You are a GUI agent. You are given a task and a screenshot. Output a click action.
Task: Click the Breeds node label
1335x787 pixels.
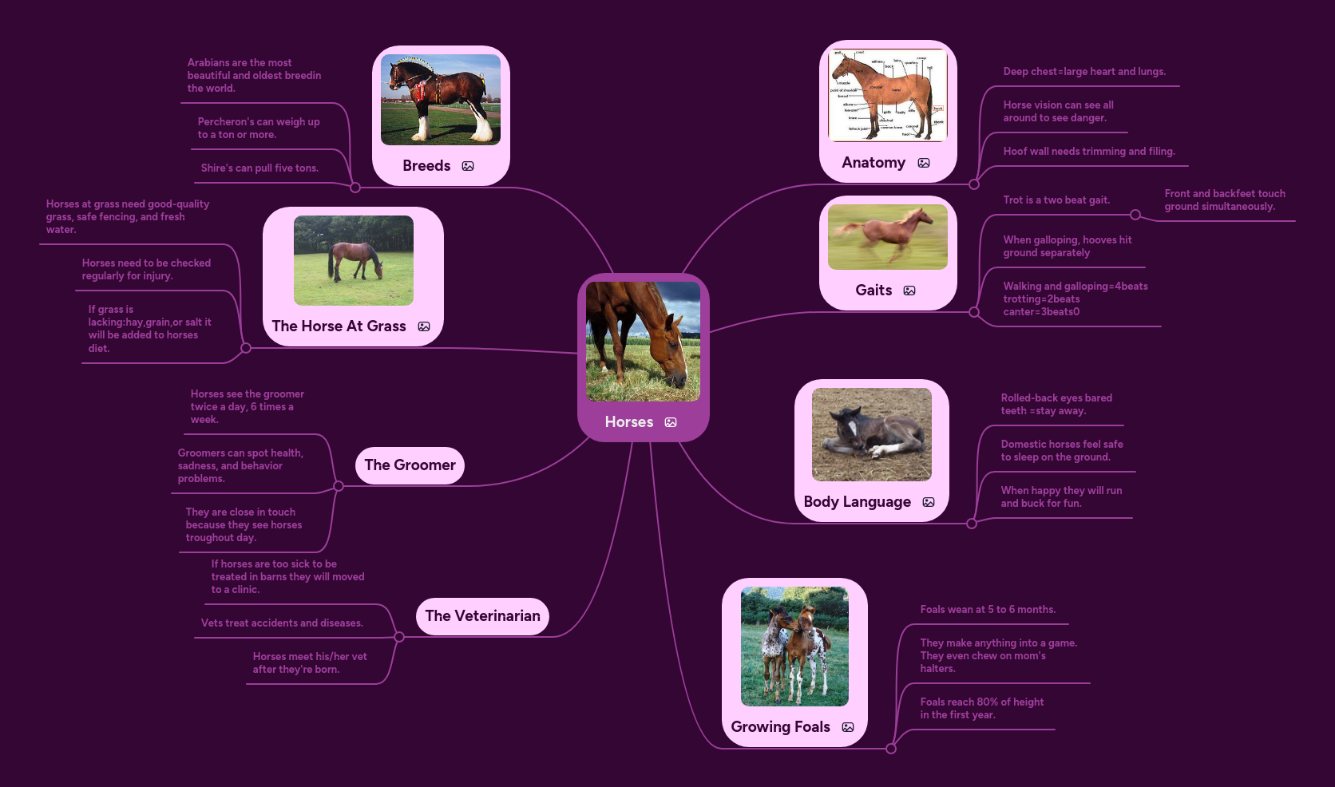pos(426,166)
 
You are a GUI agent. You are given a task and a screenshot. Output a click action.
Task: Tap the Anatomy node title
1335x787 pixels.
pos(873,163)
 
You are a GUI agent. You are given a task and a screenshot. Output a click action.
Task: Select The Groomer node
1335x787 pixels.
pos(410,465)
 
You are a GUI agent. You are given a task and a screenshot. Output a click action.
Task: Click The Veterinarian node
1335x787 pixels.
pos(482,616)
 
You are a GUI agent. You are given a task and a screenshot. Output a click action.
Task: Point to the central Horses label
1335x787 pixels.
pos(629,422)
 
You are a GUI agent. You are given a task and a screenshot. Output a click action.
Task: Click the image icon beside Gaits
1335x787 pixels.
pos(909,291)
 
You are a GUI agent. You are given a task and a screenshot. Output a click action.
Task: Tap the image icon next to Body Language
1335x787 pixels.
pos(929,502)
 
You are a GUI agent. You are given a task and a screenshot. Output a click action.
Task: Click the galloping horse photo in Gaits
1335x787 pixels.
pos(887,237)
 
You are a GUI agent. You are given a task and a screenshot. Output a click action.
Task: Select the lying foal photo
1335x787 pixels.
pos(871,434)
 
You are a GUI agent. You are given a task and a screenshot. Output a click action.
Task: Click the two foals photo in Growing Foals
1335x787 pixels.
pos(794,647)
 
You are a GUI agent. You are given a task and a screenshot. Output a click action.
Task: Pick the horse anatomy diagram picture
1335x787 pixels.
pos(887,96)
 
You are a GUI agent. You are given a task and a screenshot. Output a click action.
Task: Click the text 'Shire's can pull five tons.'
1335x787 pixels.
pos(259,168)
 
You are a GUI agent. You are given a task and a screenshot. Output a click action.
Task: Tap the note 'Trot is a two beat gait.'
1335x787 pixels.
pos(1056,200)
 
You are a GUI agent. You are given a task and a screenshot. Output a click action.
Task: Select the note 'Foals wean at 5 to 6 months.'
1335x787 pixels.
pos(988,610)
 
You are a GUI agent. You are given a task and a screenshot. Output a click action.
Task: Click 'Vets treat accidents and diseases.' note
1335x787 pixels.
pos(282,623)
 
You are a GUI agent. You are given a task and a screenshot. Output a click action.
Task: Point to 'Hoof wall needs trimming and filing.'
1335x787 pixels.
pos(1089,152)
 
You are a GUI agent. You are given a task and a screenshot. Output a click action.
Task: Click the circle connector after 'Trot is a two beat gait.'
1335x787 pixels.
pos(1135,215)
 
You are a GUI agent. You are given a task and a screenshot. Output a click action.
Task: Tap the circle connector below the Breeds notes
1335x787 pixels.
pos(355,188)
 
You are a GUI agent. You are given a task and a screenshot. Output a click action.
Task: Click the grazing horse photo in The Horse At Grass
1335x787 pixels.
pos(353,260)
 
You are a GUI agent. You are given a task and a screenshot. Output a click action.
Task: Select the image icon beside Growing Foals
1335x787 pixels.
pos(848,727)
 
